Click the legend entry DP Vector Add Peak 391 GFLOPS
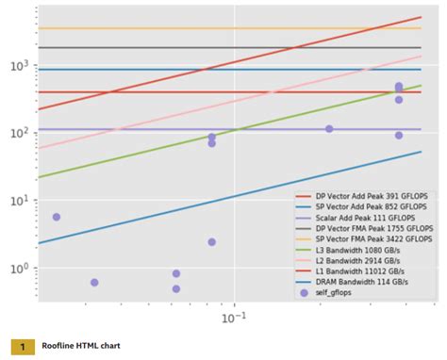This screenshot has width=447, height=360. [x=368, y=197]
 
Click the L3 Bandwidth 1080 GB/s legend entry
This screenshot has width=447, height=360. [x=358, y=250]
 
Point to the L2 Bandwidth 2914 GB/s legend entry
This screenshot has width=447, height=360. [x=358, y=261]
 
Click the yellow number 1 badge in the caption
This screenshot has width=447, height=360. [x=23, y=346]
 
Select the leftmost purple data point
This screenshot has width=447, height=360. [x=57, y=217]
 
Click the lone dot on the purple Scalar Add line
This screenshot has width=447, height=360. [x=329, y=129]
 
